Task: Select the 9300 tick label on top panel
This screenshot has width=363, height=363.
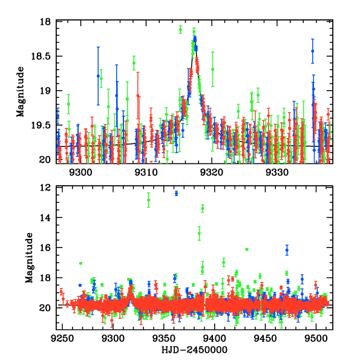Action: [81, 171]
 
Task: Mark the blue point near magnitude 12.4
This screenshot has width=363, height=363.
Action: [176, 193]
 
